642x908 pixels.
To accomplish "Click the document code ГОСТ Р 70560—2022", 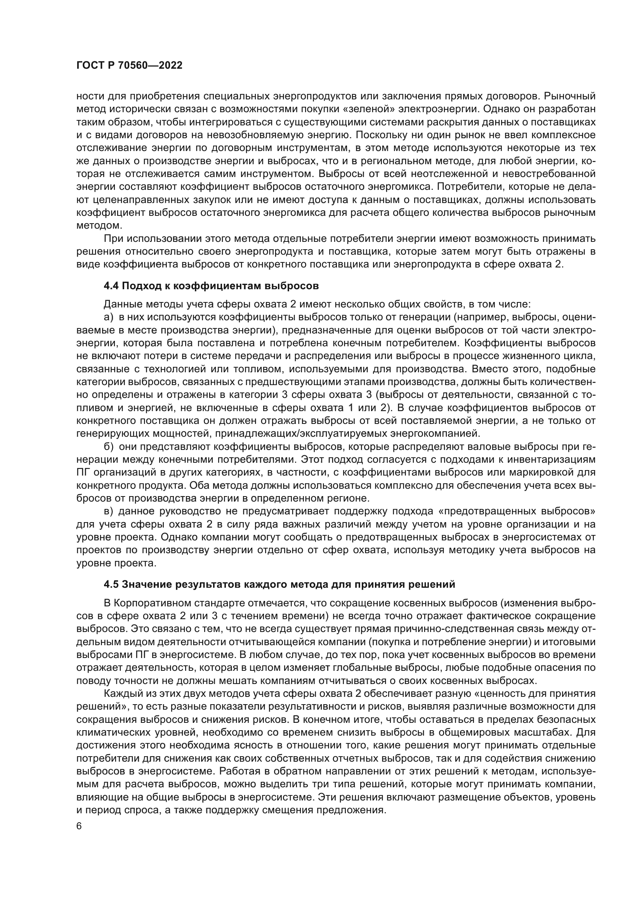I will tap(129, 66).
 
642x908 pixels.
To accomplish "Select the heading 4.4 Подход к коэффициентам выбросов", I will tap(211, 285).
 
